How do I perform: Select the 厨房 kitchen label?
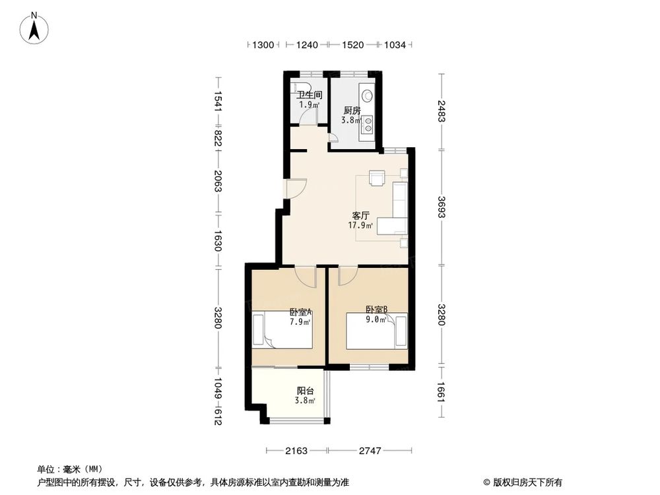point(351,111)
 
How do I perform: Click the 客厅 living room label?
point(360,216)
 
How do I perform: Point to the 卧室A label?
point(300,313)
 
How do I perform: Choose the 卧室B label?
point(376,308)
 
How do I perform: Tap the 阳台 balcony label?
point(304,391)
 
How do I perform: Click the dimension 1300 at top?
point(263,45)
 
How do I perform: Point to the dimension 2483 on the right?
point(441,110)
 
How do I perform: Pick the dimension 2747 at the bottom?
point(371,451)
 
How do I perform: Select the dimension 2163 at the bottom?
point(296,451)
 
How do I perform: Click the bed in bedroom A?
point(284,331)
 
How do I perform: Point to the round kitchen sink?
point(366,94)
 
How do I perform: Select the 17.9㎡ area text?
point(360,225)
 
